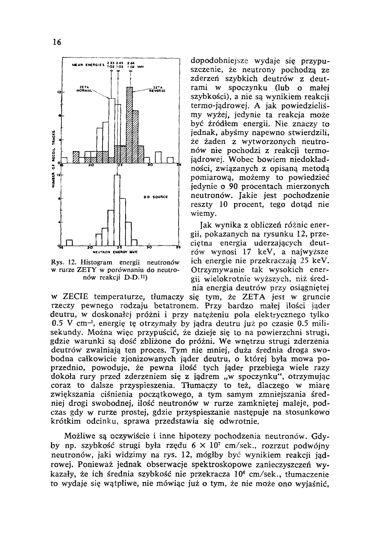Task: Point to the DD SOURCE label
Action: [x=155, y=197]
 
